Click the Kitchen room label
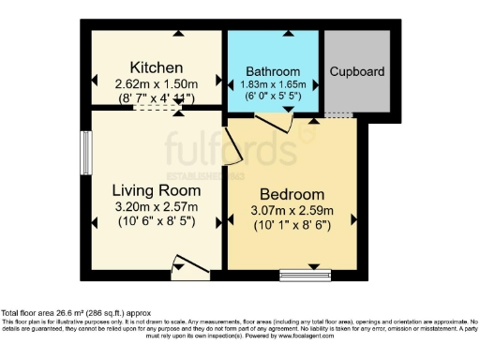[156, 67]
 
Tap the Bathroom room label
[273, 72]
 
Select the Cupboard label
[356, 71]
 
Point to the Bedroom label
[292, 194]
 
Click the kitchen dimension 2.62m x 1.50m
[156, 82]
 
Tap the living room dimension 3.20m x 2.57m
[156, 207]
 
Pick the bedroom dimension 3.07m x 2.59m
[292, 210]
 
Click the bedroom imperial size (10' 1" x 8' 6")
[292, 225]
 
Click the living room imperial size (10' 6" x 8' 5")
[156, 222]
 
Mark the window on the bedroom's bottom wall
[306, 275]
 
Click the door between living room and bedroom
[231, 147]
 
